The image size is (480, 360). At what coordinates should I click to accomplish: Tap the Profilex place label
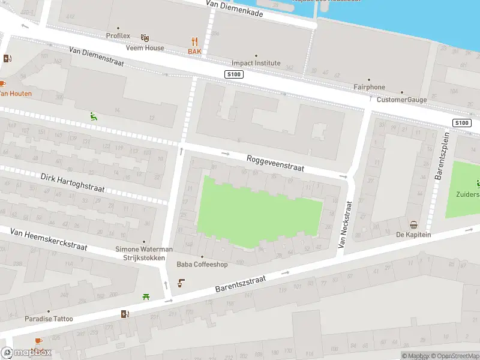coord(118,35)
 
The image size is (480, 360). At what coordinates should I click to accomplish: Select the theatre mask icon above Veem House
coord(145,37)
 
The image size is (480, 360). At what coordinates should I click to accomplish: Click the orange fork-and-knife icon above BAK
coord(194,41)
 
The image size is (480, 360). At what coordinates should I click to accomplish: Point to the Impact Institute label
coord(256,63)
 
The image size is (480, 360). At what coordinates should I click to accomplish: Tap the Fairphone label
coord(369,87)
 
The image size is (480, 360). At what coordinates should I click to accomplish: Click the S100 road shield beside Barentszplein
coord(461,123)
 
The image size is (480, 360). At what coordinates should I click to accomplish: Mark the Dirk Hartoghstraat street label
coord(73,183)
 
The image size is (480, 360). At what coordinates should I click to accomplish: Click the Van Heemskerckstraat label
coord(49,238)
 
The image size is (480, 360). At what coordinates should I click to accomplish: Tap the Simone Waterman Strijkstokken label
coord(144,253)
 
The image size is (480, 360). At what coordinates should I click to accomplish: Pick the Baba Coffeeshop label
coord(202,264)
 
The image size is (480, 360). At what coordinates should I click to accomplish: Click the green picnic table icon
coord(146,296)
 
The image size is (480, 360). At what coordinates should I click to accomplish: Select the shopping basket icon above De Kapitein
coord(413,225)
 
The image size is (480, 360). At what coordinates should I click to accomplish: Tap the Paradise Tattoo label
coord(49,319)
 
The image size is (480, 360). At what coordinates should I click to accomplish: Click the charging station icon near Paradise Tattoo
coord(125,313)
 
